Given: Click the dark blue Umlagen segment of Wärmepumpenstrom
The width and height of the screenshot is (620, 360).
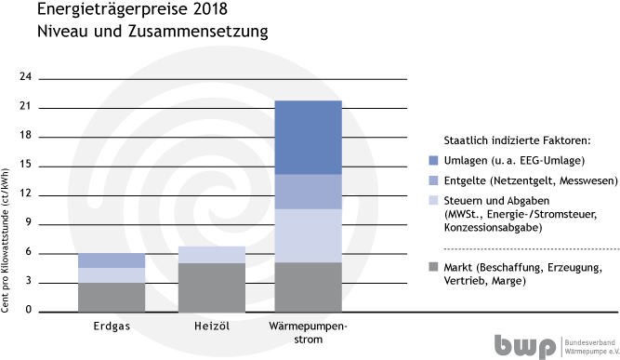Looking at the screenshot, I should point(309,137).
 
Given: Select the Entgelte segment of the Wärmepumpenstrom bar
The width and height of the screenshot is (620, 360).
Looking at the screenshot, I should point(309,191).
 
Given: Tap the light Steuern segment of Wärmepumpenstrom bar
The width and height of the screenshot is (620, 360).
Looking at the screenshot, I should point(309,235).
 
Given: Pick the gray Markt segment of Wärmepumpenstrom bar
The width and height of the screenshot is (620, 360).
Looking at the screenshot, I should point(309,286).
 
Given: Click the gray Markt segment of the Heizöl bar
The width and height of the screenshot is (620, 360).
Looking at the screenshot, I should point(211,287).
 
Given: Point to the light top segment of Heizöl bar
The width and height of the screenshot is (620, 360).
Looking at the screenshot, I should point(211,254).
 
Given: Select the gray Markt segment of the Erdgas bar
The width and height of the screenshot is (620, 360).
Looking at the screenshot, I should point(112,296).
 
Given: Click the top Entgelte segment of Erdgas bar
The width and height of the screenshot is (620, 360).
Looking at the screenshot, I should point(112,260).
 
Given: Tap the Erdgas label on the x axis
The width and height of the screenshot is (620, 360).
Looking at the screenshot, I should point(112,327).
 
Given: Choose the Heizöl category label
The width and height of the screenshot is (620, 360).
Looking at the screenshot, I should point(211,327).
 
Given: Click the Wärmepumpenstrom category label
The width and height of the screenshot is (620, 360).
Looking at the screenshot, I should point(309,333).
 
